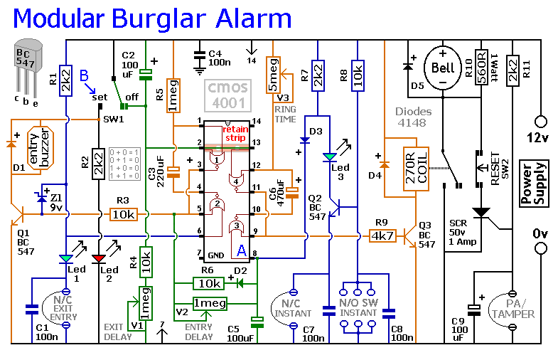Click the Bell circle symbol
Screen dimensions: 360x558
click(442, 68)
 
